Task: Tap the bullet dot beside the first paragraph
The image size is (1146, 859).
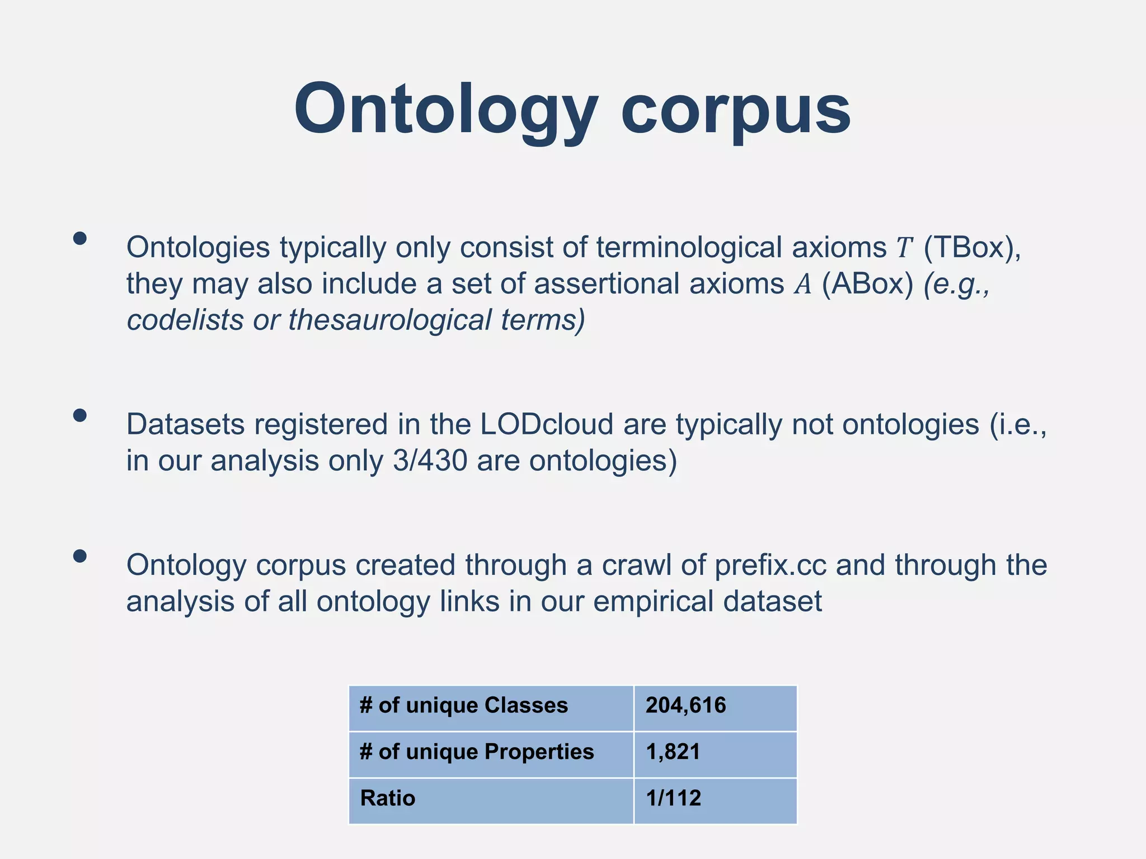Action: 80,239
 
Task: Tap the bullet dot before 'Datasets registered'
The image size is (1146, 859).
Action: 80,416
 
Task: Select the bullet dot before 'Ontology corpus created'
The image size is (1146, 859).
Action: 80,556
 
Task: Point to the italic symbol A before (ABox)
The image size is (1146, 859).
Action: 803,284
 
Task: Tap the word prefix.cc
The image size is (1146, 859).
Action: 771,565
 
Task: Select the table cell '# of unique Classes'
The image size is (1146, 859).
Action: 464,706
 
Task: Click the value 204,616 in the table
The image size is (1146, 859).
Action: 685,706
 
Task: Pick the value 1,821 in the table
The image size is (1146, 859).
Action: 673,752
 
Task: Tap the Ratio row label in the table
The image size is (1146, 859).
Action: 388,799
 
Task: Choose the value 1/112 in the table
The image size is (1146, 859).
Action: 673,799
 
